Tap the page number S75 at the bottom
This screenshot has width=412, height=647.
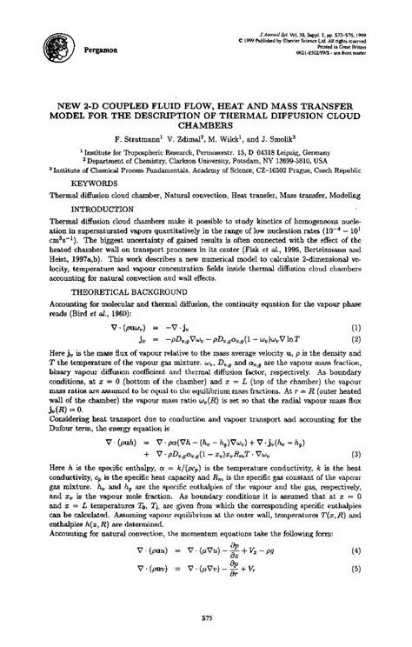click(206, 618)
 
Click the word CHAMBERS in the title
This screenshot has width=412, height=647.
click(206, 122)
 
